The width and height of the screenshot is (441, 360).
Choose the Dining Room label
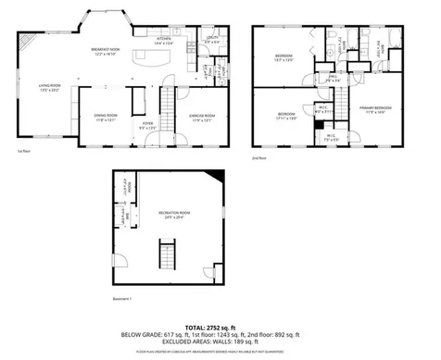(x=105, y=117)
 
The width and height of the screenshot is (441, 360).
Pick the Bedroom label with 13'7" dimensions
(x=283, y=57)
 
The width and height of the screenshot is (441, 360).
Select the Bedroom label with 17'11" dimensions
(x=285, y=116)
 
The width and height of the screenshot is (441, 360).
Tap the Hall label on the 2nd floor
(x=332, y=80)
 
